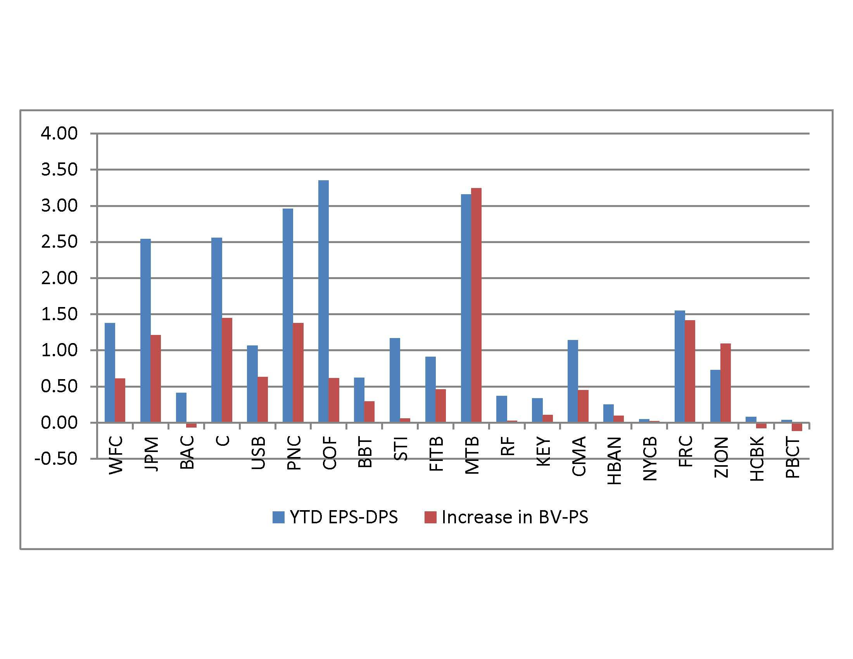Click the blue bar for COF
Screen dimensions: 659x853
click(x=323, y=301)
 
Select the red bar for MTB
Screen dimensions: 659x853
click(x=476, y=305)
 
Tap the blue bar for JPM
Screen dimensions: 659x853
click(x=145, y=330)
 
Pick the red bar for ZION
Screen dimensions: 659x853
click(x=725, y=383)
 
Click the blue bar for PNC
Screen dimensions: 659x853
click(x=288, y=316)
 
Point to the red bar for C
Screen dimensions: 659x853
click(x=227, y=370)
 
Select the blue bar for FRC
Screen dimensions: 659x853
click(x=680, y=366)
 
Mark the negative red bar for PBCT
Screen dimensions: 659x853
click(x=797, y=427)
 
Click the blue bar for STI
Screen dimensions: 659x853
click(x=395, y=380)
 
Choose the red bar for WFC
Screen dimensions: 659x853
click(x=120, y=400)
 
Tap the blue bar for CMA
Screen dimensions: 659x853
click(x=573, y=381)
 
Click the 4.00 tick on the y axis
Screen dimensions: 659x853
click(x=59, y=133)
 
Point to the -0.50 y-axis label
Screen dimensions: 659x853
click(x=56, y=458)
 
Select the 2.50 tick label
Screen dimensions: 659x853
click(x=59, y=242)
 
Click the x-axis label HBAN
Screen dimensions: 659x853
click(x=615, y=461)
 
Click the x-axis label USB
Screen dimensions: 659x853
click(x=259, y=453)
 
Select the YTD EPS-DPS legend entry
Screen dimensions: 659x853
click(x=335, y=517)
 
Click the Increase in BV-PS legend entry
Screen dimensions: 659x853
click(x=506, y=517)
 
